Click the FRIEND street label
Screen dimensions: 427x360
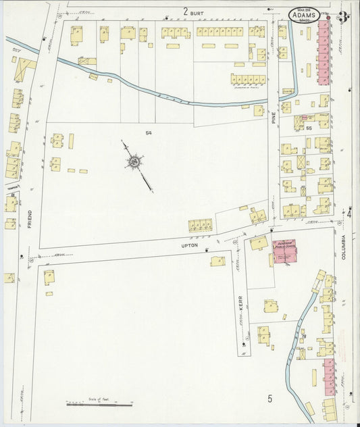click(30, 219)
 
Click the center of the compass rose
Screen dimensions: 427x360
click(136, 162)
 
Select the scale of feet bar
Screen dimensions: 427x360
click(99, 405)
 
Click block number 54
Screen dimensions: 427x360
click(148, 134)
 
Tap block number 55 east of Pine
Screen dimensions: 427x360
click(308, 128)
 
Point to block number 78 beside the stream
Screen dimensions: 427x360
click(304, 336)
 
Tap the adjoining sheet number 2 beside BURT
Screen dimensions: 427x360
click(185, 11)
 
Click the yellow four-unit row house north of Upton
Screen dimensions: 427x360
click(201, 224)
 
